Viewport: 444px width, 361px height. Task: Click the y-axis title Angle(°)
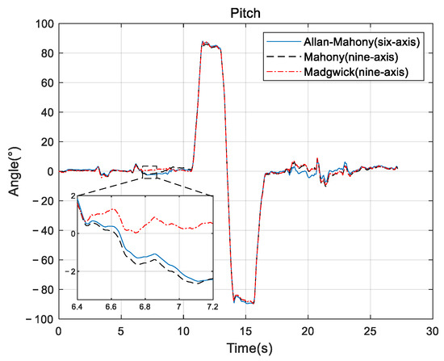point(14,171)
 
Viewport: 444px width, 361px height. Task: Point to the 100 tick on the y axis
point(43,24)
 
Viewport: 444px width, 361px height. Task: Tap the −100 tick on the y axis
point(40,319)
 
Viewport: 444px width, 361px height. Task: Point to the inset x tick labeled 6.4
point(78,308)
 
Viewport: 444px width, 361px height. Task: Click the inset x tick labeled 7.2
point(212,308)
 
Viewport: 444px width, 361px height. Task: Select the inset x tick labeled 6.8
point(145,308)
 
